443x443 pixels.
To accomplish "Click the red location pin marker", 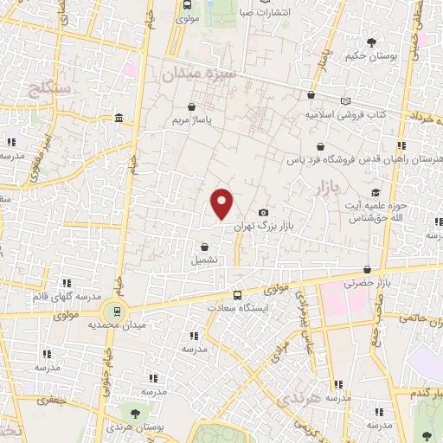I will click(222, 203).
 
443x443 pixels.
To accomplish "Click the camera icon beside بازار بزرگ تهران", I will click(263, 213).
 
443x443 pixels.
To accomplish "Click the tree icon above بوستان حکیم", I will click(372, 41).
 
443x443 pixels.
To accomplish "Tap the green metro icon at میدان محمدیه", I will click(112, 311).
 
